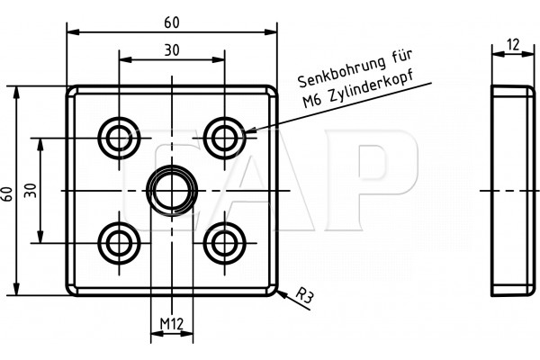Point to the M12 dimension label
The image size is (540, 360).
click(x=172, y=323)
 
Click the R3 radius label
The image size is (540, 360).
click(x=304, y=295)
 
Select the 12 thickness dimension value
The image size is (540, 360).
click(x=513, y=44)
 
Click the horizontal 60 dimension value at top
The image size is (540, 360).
click(x=172, y=22)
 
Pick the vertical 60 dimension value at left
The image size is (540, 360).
click(x=7, y=194)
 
